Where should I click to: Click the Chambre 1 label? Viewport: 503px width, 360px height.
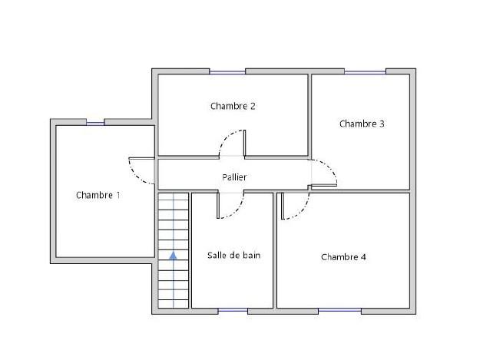click(98, 195)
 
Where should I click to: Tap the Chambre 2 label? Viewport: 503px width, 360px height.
click(233, 106)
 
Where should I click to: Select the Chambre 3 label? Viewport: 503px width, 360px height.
click(362, 124)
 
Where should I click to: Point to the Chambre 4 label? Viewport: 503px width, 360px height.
click(343, 257)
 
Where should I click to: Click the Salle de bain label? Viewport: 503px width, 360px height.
click(233, 255)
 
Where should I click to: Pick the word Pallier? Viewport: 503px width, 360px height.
click(234, 177)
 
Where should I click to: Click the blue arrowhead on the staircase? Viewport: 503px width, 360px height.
click(174, 255)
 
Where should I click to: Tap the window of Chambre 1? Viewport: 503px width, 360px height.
click(95, 123)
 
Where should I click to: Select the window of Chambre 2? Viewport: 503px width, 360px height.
click(227, 72)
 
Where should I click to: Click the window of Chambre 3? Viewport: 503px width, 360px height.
click(365, 72)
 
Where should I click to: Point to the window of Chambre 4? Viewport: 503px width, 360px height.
click(339, 310)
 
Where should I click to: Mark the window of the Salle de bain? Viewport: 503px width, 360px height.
click(233, 310)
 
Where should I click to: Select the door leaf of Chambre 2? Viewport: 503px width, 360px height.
click(244, 143)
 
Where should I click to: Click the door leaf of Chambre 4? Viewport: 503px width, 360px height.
click(283, 206)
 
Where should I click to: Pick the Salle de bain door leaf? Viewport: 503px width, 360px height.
click(218, 206)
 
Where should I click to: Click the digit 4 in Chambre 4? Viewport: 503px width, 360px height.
click(363, 257)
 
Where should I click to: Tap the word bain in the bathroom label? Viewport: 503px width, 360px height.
click(252, 255)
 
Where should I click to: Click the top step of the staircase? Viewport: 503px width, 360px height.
click(174, 197)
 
